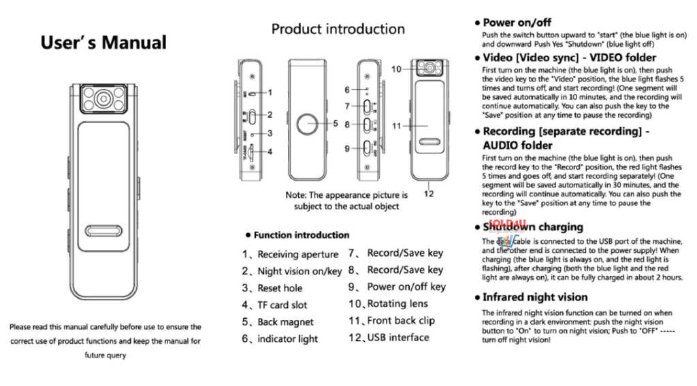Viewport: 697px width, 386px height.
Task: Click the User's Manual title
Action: (x=103, y=43)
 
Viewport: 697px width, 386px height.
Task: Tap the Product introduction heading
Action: (x=338, y=29)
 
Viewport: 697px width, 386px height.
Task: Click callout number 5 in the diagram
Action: (x=336, y=124)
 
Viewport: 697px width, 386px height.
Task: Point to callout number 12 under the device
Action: (x=428, y=193)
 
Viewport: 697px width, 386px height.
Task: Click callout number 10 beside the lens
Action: (x=396, y=69)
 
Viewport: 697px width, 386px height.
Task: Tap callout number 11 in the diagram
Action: (x=396, y=126)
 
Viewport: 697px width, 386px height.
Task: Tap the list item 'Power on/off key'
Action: (x=398, y=287)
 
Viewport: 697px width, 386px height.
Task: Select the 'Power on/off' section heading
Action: (x=517, y=22)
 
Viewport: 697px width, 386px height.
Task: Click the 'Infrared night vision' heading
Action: (x=534, y=297)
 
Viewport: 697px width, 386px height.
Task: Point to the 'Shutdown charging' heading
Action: (x=532, y=227)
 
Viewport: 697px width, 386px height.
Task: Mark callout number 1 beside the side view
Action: (x=270, y=92)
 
